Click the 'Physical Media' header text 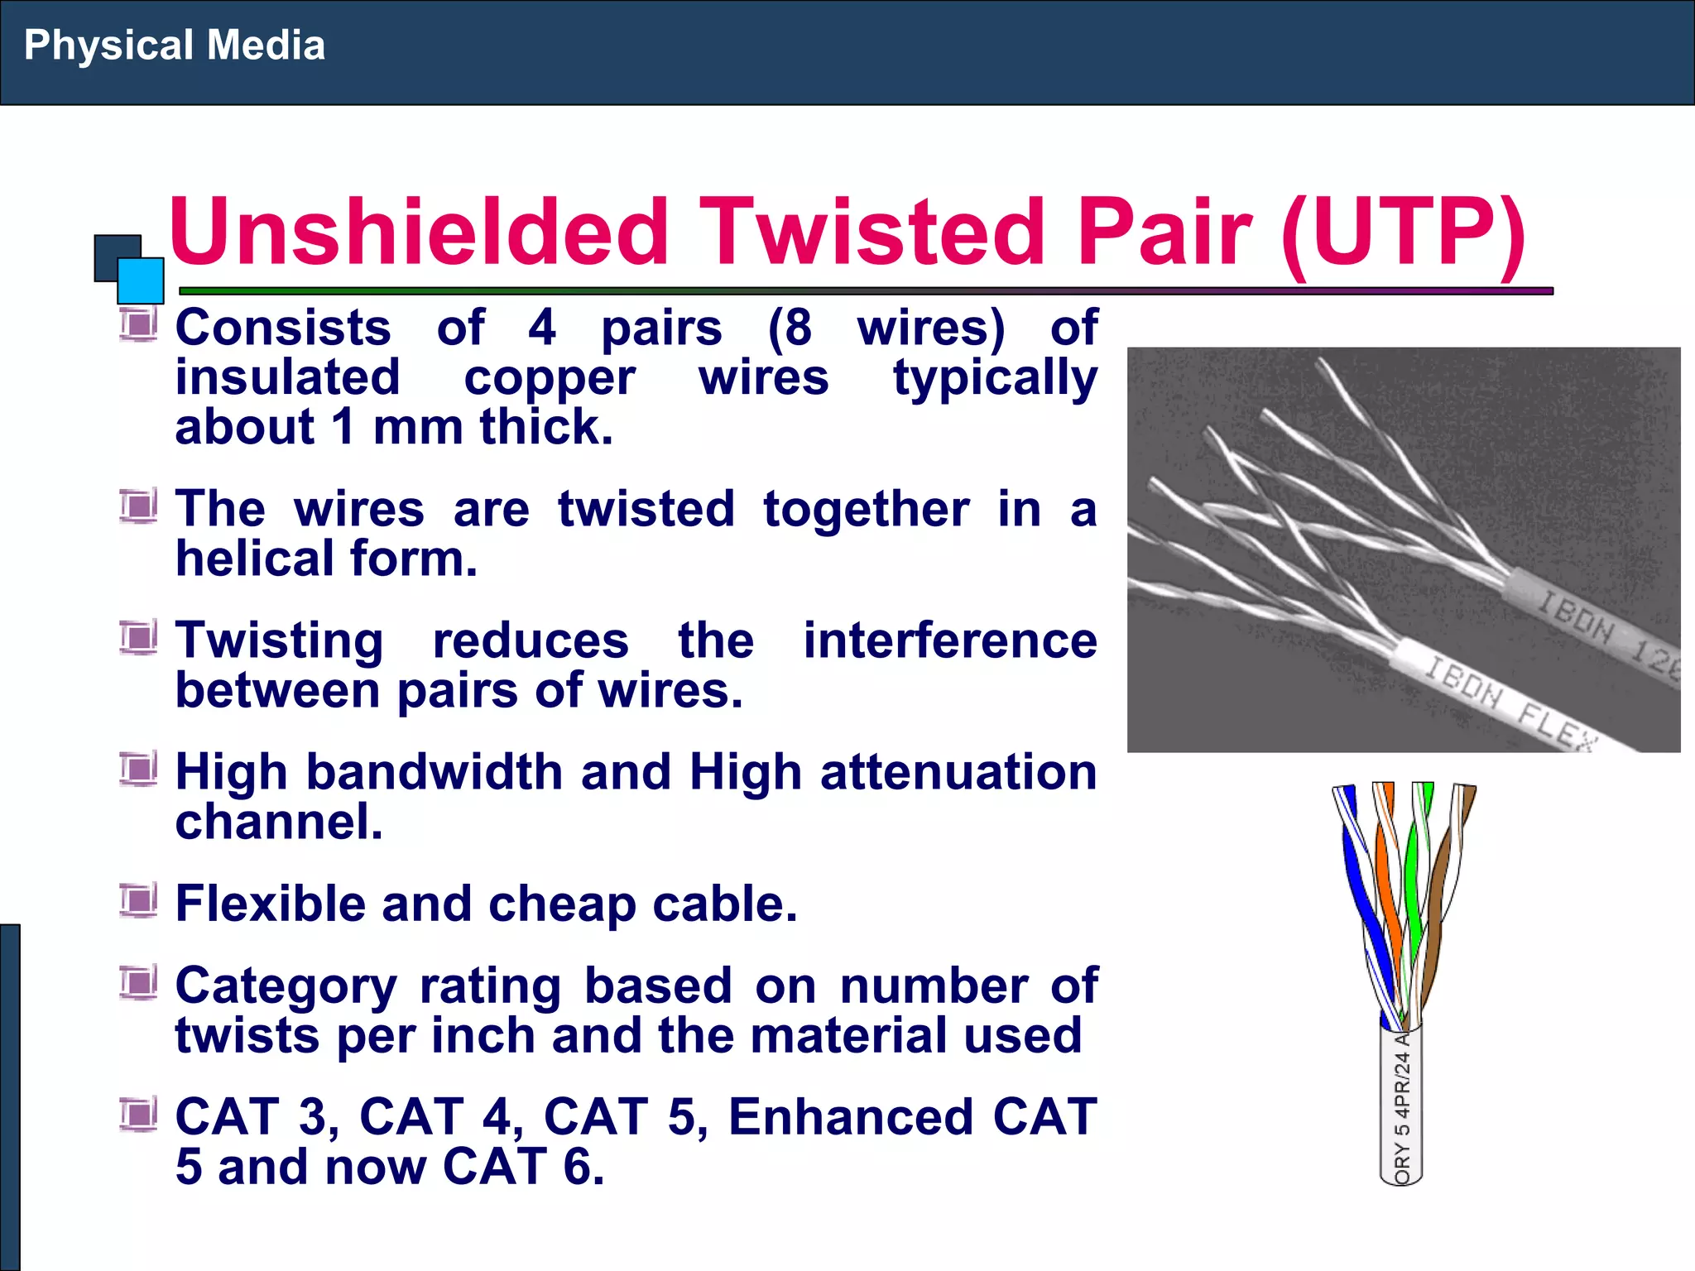click(x=174, y=46)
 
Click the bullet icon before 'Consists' click(x=137, y=324)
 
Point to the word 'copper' click(x=550, y=378)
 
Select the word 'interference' click(x=950, y=641)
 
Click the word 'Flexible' click(x=270, y=904)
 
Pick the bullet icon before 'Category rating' click(x=137, y=982)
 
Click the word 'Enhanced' click(x=851, y=1117)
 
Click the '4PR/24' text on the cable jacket click(x=1401, y=1084)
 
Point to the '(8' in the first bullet click(x=790, y=328)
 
